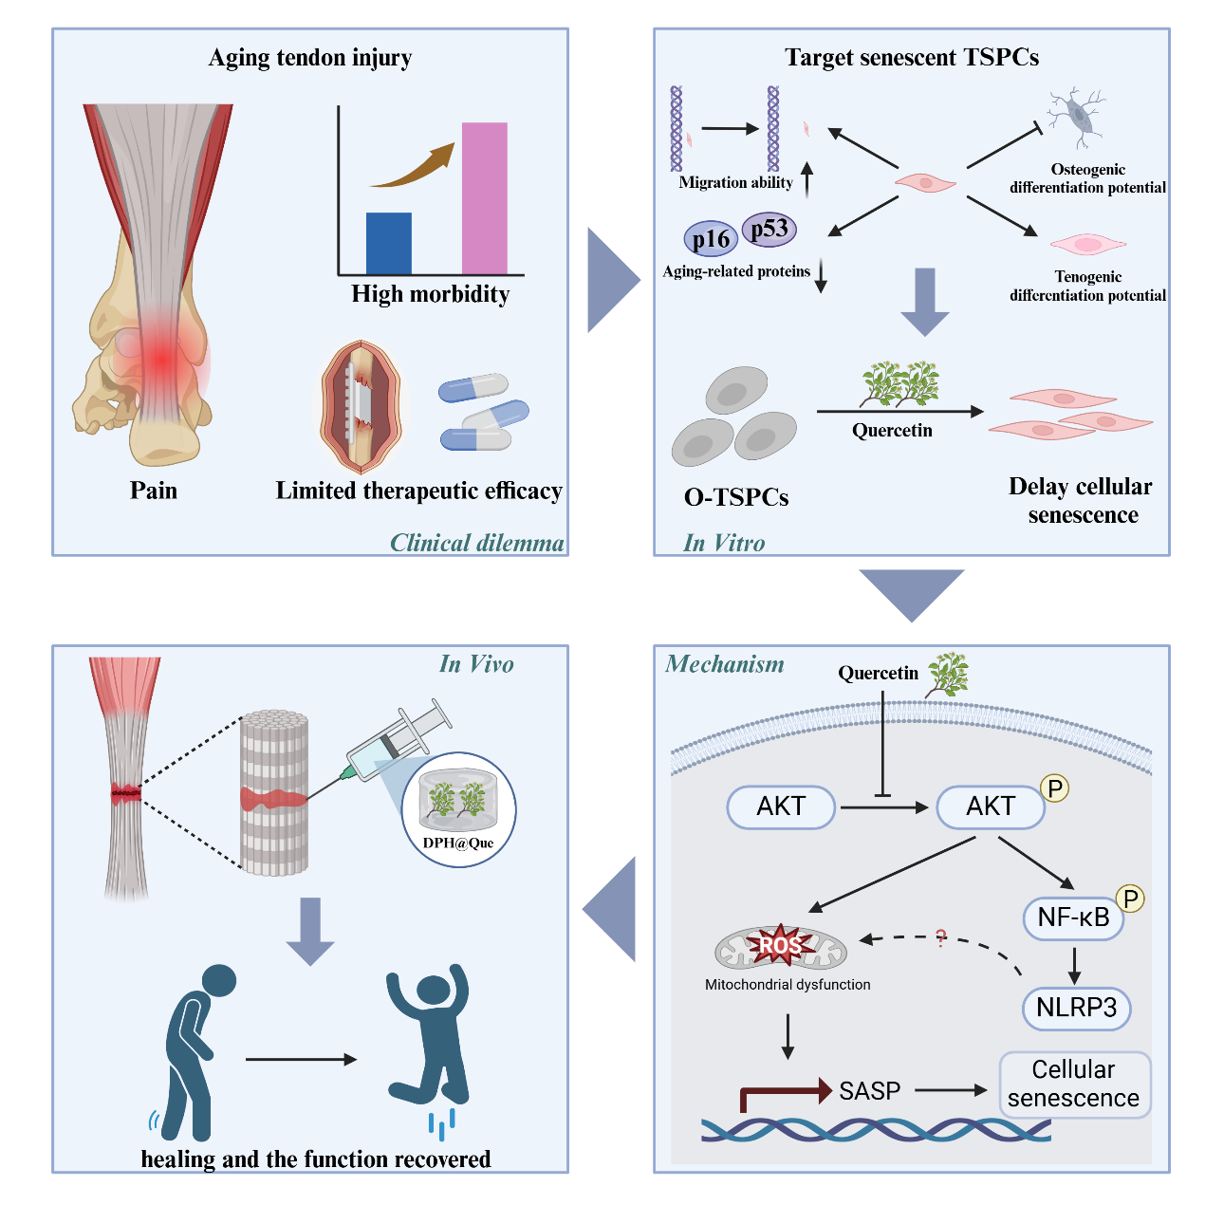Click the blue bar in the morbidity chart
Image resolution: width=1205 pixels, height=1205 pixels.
389,243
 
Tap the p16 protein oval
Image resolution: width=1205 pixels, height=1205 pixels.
711,239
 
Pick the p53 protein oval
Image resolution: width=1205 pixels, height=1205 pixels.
769,229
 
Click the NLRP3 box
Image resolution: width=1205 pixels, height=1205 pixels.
1076,1008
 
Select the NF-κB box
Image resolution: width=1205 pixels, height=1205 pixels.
1073,918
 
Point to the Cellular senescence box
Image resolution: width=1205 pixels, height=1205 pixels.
1074,1084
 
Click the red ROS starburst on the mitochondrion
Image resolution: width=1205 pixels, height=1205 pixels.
779,944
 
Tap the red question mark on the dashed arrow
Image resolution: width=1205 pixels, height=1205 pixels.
940,938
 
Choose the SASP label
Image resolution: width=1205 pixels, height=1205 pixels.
869,1091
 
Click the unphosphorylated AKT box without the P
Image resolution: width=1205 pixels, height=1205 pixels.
781,806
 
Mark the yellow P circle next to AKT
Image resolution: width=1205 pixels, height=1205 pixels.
1054,788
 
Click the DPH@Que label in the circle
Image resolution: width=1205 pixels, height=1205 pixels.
458,843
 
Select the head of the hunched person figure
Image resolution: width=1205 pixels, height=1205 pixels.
219,980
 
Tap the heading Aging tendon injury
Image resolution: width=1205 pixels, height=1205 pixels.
310,58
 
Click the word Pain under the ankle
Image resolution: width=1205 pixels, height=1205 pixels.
154,491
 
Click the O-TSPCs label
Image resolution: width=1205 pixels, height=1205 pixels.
736,497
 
